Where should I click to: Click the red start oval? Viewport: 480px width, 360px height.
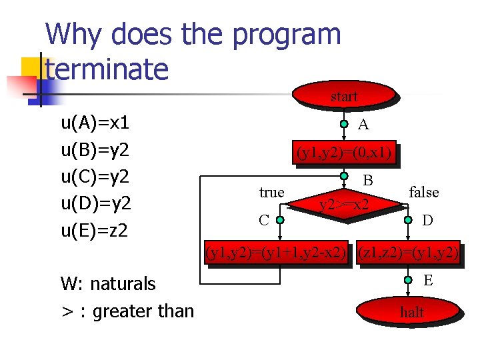tap(344, 96)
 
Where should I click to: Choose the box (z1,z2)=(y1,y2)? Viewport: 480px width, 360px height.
tap(408, 253)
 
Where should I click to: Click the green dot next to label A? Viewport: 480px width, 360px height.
tap(344, 125)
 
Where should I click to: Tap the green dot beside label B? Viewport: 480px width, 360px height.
tap(344, 177)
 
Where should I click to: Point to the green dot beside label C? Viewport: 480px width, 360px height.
tap(281, 219)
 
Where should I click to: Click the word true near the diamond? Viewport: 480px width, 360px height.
tap(272, 193)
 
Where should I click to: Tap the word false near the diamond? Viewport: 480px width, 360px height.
tap(423, 193)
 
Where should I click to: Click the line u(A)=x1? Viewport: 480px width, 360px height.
tap(95, 123)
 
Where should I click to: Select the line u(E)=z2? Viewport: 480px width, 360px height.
tap(95, 230)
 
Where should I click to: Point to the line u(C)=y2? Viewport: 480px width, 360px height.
tap(95, 177)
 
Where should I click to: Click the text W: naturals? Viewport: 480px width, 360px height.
tap(108, 283)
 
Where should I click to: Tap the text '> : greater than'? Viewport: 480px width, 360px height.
tap(127, 311)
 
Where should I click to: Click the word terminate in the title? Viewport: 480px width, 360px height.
tap(107, 69)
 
